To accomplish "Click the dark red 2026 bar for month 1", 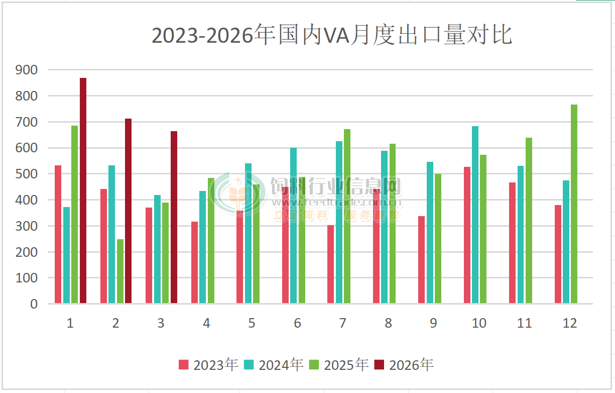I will pyautogui.click(x=83, y=191).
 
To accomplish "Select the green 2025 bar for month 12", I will pyautogui.click(x=574, y=204).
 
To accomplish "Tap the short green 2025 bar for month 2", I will pyautogui.click(x=120, y=271).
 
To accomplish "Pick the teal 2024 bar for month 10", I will pyautogui.click(x=475, y=215).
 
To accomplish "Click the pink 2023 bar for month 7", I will pyautogui.click(x=330, y=264).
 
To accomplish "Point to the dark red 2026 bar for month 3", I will pyautogui.click(x=174, y=217).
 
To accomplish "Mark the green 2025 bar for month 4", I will pyautogui.click(x=211, y=241).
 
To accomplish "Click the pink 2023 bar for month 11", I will pyautogui.click(x=512, y=243).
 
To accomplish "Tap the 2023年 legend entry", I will pyautogui.click(x=208, y=365).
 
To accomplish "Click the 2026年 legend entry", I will pyautogui.click(x=404, y=365).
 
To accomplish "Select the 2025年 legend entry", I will pyautogui.click(x=339, y=365).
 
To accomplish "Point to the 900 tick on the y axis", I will pyautogui.click(x=27, y=70).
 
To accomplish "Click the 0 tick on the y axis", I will pyautogui.click(x=34, y=304).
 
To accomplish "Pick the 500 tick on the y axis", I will pyautogui.click(x=27, y=174).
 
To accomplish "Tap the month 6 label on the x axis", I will pyautogui.click(x=297, y=323).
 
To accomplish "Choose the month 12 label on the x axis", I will pyautogui.click(x=570, y=323).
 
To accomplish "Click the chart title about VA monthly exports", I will pyautogui.click(x=331, y=36).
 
